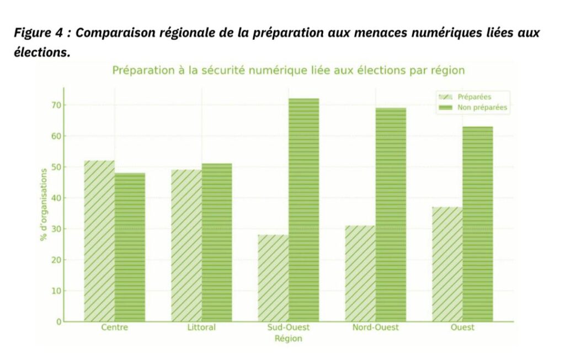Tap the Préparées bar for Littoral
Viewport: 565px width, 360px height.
pyautogui.click(x=186, y=245)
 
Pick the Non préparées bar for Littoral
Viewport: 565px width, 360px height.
pyautogui.click(x=217, y=243)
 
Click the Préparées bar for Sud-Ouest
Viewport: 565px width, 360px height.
pyautogui.click(x=273, y=278)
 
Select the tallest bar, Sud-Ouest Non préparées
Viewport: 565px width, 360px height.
pyautogui.click(x=303, y=210)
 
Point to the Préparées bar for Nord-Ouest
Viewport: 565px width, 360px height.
pyautogui.click(x=360, y=273)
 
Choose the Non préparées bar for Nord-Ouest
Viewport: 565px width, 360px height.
pyautogui.click(x=391, y=214)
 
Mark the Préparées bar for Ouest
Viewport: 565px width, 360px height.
pyautogui.click(x=447, y=264)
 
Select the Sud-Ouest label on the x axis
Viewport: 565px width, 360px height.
pyautogui.click(x=289, y=327)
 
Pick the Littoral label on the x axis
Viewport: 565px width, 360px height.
pyautogui.click(x=201, y=327)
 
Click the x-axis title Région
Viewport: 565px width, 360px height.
pyautogui.click(x=289, y=338)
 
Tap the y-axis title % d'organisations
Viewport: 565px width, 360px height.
pyautogui.click(x=42, y=205)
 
